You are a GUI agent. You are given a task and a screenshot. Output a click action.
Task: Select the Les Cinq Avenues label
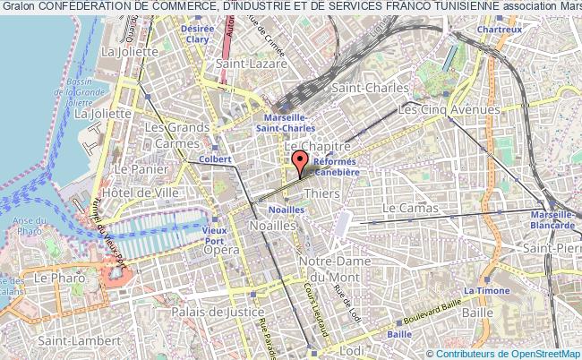pyautogui.click(x=449, y=109)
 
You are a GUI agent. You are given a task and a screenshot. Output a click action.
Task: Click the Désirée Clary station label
pyautogui.click(x=197, y=34)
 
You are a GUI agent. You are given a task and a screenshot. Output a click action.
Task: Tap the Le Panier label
pyautogui.click(x=136, y=168)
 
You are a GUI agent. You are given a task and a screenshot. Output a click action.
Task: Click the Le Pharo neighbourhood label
pyautogui.click(x=57, y=279)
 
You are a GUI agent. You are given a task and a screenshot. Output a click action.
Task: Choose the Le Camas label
pyautogui.click(x=410, y=208)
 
